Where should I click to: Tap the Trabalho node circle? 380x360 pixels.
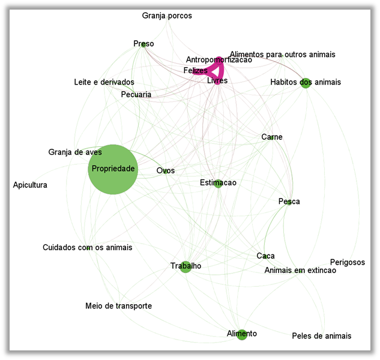pos(185,266)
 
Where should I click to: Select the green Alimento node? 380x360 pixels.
pos(242,334)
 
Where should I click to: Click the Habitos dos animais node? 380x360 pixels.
pos(306,82)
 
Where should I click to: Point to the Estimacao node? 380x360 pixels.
pos(218,183)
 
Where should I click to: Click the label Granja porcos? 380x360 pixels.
pos(167,16)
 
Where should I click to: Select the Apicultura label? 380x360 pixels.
pos(30,185)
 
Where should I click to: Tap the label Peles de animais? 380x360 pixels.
pos(321,335)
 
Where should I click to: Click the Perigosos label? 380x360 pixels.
pos(347,262)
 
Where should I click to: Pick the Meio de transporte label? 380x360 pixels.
pos(118,306)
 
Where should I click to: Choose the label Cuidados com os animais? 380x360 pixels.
pos(87,247)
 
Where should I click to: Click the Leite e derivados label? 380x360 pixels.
pos(104,82)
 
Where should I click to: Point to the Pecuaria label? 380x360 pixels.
pos(136,95)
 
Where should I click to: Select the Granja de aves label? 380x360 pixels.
pos(75,152)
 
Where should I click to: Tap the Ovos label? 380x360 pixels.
pos(166,170)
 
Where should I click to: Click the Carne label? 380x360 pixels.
pos(271,137)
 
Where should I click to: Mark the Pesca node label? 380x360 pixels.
pos(289,202)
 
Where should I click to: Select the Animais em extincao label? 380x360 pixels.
pos(300,271)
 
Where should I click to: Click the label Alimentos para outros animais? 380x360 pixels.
pos(282,55)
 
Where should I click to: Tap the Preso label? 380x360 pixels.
pos(143,44)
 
